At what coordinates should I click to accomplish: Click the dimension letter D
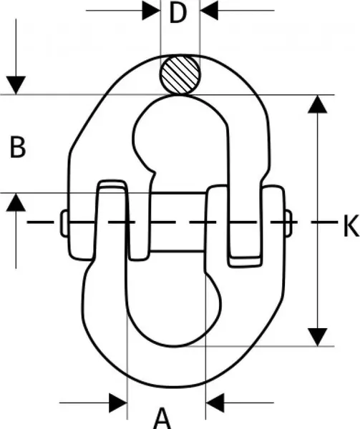(178, 13)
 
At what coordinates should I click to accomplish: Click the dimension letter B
(17, 147)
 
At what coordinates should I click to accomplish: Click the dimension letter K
(351, 225)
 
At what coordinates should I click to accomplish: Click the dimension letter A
(162, 418)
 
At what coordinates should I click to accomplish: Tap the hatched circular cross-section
(180, 75)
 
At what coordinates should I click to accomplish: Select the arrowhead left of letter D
(151, 11)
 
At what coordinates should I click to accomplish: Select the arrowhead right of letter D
(209, 11)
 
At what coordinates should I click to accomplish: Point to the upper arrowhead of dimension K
(318, 104)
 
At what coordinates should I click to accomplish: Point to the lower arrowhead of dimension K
(318, 337)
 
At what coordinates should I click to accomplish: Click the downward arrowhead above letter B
(16, 85)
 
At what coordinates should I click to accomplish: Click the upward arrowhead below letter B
(16, 202)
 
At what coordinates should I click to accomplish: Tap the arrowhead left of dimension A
(118, 403)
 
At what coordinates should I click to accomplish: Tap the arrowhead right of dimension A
(215, 403)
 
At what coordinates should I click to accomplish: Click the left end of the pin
(64, 223)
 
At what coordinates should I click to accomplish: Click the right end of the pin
(288, 223)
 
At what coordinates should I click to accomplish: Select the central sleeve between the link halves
(178, 222)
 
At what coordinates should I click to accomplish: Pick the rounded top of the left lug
(112, 184)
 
